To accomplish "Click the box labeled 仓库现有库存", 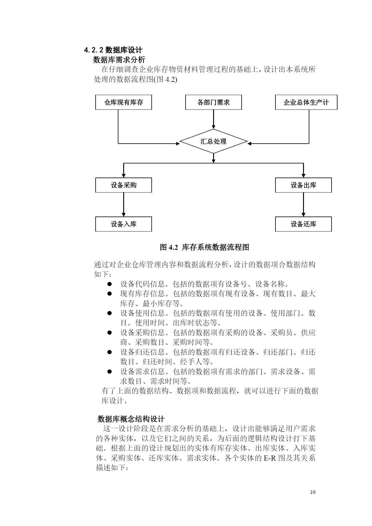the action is pyautogui.click(x=124, y=102).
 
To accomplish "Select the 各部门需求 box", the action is pyautogui.click(x=213, y=102).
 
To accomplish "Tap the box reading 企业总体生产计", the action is pyautogui.click(x=306, y=102).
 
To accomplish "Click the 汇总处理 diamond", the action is pyautogui.click(x=213, y=141).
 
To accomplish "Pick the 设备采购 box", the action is pyautogui.click(x=124, y=185).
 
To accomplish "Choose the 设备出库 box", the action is pyautogui.click(x=303, y=185).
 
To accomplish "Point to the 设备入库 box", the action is pyautogui.click(x=124, y=224).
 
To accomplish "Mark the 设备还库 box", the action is pyautogui.click(x=303, y=224).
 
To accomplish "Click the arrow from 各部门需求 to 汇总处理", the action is pyautogui.click(x=213, y=119).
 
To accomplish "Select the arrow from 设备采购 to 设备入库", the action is pyautogui.click(x=124, y=205).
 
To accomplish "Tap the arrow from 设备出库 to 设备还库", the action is pyautogui.click(x=303, y=205).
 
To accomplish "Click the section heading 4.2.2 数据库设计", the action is pyautogui.click(x=113, y=50).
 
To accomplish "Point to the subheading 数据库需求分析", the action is pyautogui.click(x=119, y=59).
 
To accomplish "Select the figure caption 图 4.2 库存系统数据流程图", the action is pyautogui.click(x=204, y=247).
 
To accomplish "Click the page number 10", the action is pyautogui.click(x=313, y=492).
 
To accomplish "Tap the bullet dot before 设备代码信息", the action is pyautogui.click(x=109, y=284).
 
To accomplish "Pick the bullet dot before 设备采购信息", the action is pyautogui.click(x=109, y=332).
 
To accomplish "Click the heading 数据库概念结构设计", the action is pyautogui.click(x=131, y=419).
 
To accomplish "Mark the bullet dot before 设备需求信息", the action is pyautogui.click(x=109, y=372).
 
